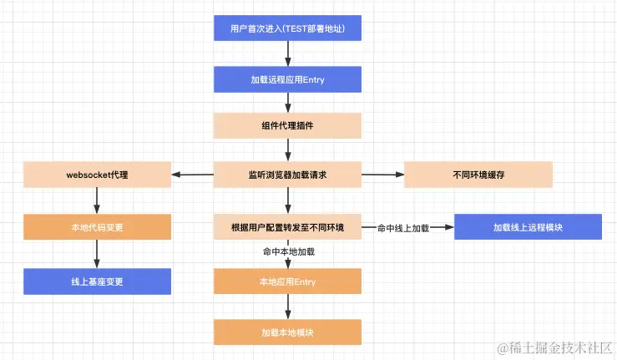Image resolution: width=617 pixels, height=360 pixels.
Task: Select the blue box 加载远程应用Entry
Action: (287, 79)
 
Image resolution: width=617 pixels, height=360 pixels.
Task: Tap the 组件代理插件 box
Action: (287, 126)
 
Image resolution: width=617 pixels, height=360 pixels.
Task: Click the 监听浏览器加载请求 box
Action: (287, 175)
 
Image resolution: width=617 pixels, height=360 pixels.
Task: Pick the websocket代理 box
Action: (97, 175)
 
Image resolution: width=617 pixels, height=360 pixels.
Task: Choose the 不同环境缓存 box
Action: (478, 175)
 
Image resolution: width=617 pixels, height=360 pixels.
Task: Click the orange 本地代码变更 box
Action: (97, 226)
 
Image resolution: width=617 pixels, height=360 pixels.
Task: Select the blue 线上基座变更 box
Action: (97, 281)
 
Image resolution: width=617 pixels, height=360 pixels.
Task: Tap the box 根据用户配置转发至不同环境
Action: (287, 226)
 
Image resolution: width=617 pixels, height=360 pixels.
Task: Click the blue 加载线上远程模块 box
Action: (528, 226)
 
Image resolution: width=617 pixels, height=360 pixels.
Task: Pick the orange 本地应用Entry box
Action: (287, 281)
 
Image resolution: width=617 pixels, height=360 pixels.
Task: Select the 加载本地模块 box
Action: (287, 332)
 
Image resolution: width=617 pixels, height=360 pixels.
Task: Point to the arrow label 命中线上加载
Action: (402, 226)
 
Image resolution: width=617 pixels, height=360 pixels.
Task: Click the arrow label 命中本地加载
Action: (287, 251)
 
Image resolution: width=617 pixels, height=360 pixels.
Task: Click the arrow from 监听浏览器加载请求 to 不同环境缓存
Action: (382, 175)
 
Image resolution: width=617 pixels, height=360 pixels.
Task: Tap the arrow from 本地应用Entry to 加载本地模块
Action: (287, 306)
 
